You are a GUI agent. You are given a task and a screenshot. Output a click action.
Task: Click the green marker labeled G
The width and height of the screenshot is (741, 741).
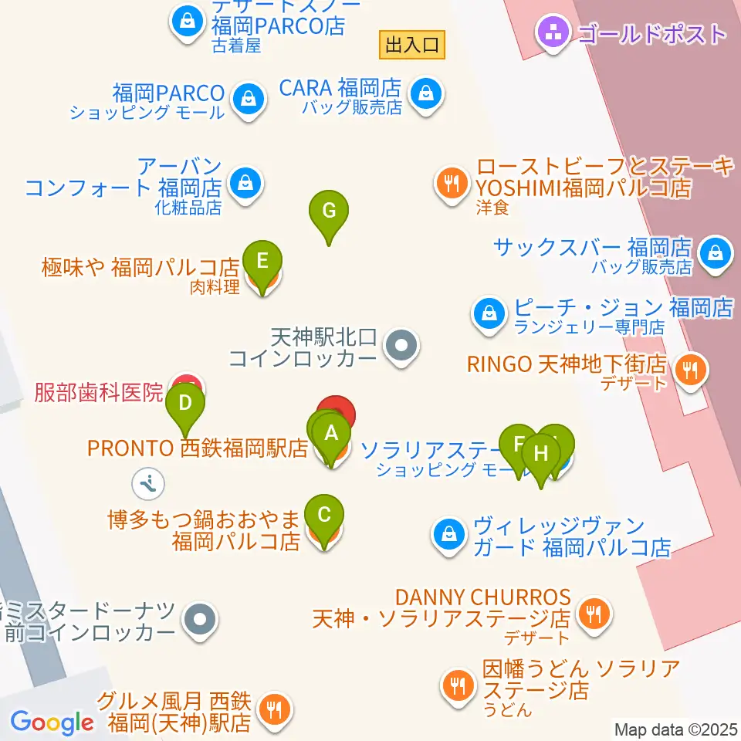tap(329, 211)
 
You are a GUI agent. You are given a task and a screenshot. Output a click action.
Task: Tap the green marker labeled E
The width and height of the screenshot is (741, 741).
tap(262, 261)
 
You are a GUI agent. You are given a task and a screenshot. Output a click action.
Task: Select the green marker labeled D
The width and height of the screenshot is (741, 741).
tap(185, 403)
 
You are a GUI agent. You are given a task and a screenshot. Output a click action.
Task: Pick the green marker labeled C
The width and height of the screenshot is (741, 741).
tap(325, 514)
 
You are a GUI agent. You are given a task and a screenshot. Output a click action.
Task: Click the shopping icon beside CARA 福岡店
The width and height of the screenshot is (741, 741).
tap(424, 95)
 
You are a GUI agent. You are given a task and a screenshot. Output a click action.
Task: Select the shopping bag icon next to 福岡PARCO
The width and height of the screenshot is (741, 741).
tap(246, 98)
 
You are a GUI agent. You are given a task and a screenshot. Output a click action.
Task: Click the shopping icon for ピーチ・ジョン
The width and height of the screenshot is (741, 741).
tap(489, 313)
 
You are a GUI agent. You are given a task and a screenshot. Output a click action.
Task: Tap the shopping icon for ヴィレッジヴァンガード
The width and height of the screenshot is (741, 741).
tap(448, 533)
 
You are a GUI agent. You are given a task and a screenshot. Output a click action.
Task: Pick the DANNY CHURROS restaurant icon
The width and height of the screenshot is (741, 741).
tap(594, 614)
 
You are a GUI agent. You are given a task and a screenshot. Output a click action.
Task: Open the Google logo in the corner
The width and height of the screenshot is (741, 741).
tap(51, 722)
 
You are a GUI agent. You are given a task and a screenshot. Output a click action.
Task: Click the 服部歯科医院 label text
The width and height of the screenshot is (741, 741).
tap(100, 392)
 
